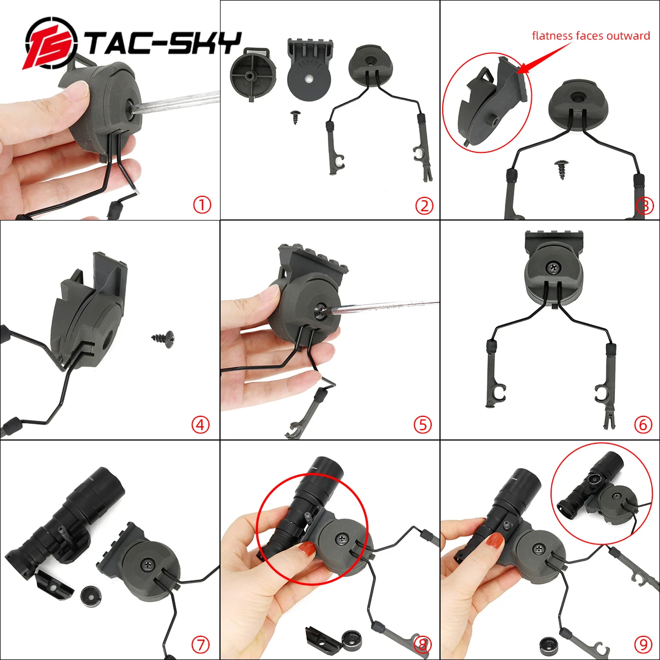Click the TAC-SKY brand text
click(164, 44)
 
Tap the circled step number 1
click(202, 205)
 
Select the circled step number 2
click(424, 206)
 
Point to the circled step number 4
click(201, 425)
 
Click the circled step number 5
click(422, 425)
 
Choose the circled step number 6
click(643, 425)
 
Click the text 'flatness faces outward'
click(591, 36)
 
